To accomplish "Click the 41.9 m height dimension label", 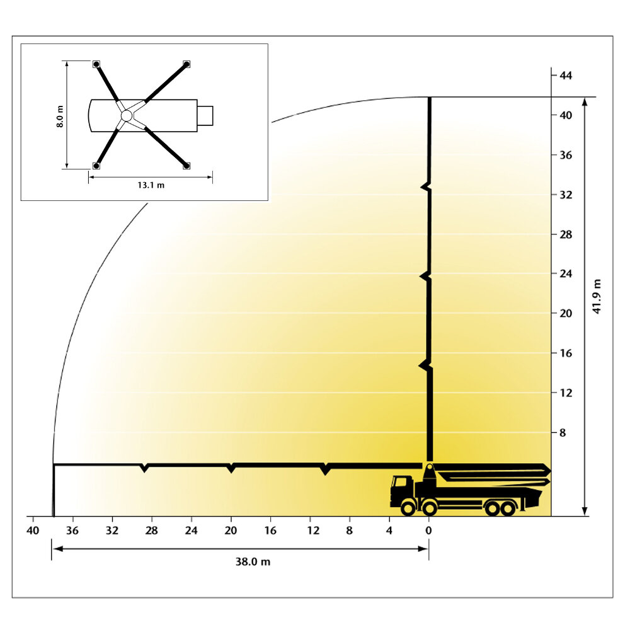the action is [x=597, y=297].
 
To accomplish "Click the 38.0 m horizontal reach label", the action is [x=253, y=561].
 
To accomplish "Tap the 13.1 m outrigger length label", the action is [x=151, y=185].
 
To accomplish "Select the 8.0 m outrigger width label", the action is [x=60, y=117].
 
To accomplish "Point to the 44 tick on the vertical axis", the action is [x=565, y=76].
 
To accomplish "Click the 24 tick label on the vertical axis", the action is [x=565, y=273].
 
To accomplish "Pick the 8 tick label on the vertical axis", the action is [x=563, y=433].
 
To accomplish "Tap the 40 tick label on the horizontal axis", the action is [x=33, y=530].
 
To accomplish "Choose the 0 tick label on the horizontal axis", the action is [x=428, y=530].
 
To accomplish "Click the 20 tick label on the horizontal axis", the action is [x=231, y=530].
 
